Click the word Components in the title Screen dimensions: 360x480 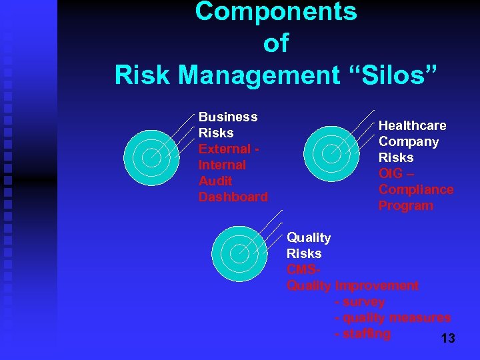(x=276, y=11)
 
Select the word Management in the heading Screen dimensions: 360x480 (x=259, y=75)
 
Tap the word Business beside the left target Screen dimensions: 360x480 (x=228, y=117)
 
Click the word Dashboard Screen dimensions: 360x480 (x=233, y=197)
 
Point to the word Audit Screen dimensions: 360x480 (x=215, y=181)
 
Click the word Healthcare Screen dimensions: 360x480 (x=413, y=125)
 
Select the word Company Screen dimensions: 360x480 (x=409, y=141)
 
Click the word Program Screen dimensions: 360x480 (x=405, y=205)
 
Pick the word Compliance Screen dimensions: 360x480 (x=416, y=189)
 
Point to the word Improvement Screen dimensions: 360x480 (x=377, y=285)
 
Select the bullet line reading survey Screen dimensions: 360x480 (x=360, y=301)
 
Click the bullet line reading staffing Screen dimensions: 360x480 (x=363, y=333)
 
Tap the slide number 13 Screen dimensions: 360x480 (x=448, y=339)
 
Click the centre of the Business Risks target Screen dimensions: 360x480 (x=152, y=155)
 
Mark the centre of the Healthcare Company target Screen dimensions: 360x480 (x=331, y=153)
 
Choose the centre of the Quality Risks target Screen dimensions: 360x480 (x=239, y=254)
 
